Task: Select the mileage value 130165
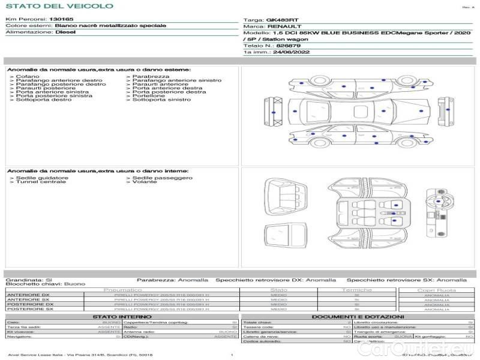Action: (x=61, y=20)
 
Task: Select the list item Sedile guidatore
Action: (x=41, y=178)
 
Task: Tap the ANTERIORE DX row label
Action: (x=28, y=295)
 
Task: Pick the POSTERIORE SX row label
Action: (x=29, y=309)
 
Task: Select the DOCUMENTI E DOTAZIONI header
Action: (x=358, y=316)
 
